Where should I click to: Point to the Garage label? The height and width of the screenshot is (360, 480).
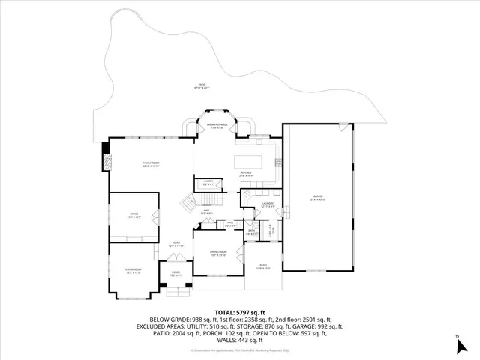coord(318,199)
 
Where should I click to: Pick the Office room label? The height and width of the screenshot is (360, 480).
coord(133,215)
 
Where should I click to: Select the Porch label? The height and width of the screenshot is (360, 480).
coord(176,274)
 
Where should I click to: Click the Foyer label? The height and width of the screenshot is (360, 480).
coord(175,244)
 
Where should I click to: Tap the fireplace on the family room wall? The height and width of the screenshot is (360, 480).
coord(106,160)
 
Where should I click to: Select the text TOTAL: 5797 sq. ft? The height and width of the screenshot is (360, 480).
coord(240,311)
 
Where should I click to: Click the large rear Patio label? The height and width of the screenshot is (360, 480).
coord(201,86)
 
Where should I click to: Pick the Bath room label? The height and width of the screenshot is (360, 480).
coord(253,232)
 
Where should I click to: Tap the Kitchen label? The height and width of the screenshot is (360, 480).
coord(248,175)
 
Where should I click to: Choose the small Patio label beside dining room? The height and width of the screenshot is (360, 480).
coord(263,267)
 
